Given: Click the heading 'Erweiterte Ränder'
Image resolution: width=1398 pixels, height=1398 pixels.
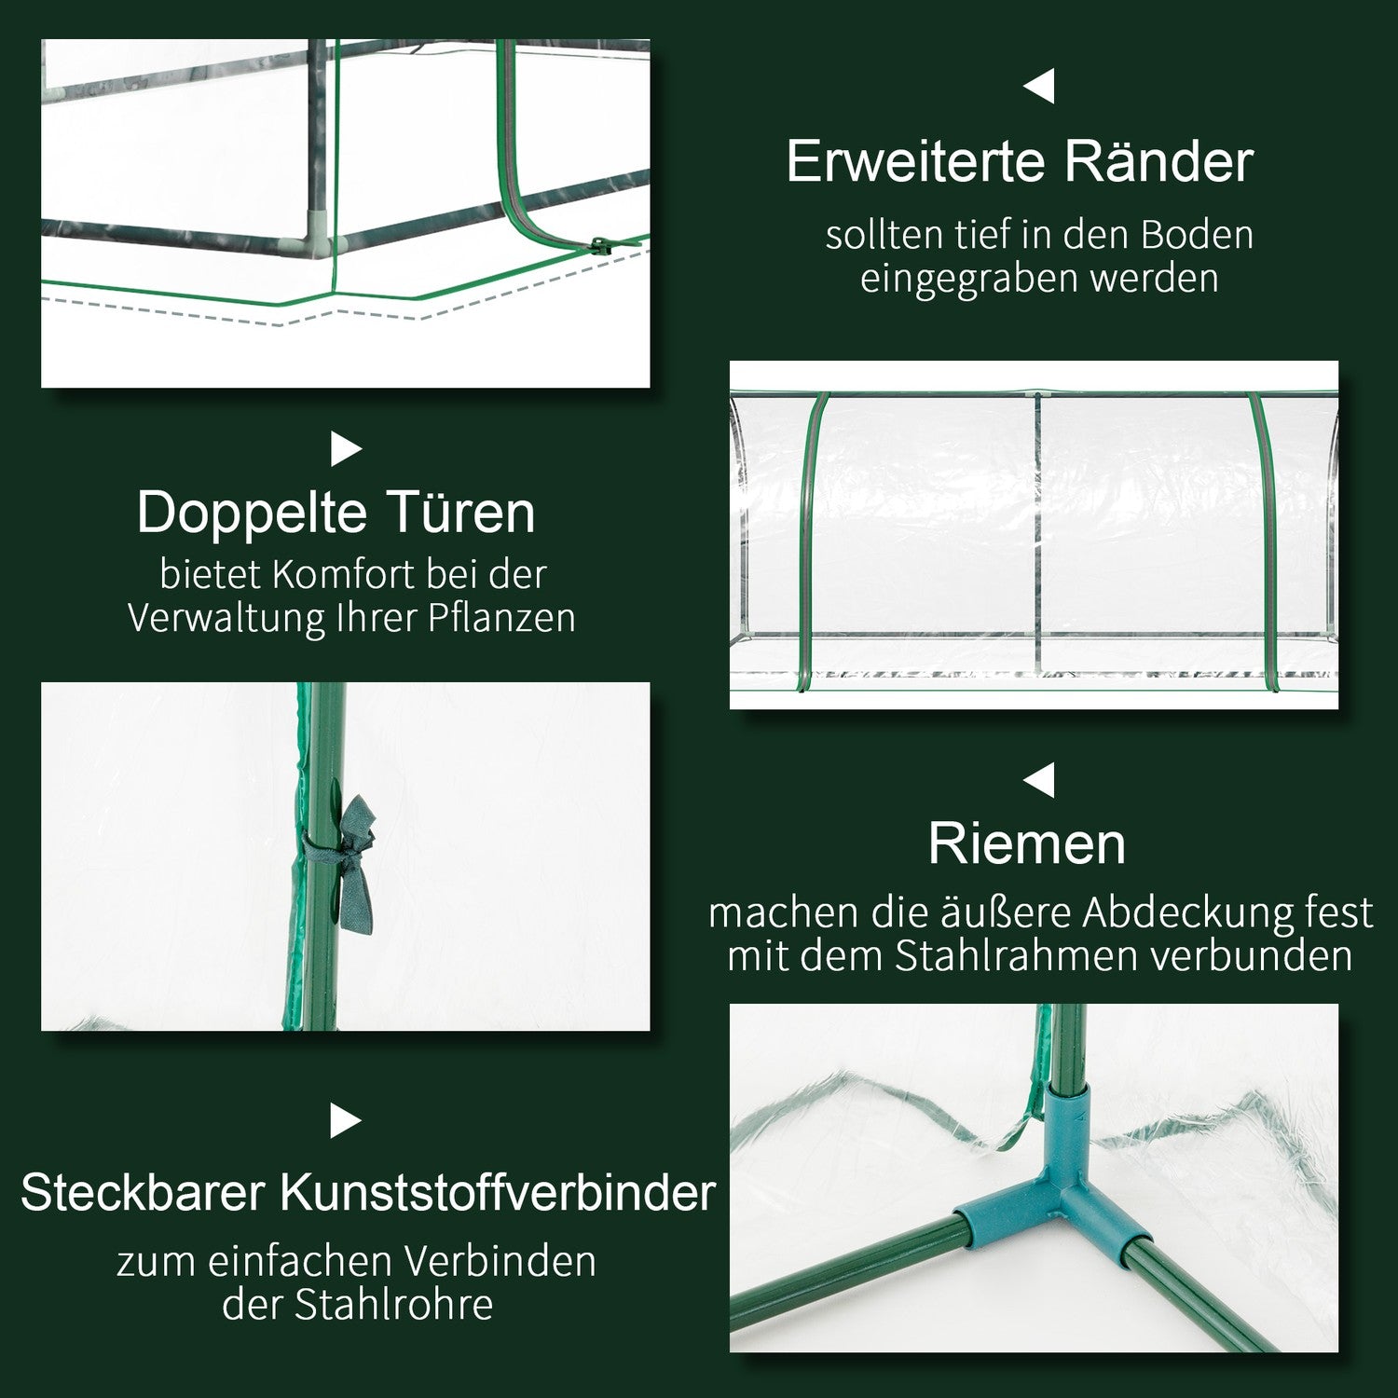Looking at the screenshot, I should pos(1020,162).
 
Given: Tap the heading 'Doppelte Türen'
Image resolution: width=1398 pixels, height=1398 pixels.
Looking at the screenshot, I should pos(336,513).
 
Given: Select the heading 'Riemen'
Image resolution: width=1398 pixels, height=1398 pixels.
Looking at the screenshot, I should pos(1027,844).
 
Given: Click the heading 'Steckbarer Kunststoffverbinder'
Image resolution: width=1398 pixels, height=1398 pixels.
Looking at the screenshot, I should pos(368,1192).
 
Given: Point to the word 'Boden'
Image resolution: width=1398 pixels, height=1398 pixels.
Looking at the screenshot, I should pos(1198,235).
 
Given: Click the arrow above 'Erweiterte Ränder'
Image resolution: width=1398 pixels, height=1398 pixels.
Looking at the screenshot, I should pos(1039,87).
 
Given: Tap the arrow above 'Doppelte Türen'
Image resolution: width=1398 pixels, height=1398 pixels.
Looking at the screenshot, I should pos(346,450).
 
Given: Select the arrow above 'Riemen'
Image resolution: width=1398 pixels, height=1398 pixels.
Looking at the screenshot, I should pos(1039,781).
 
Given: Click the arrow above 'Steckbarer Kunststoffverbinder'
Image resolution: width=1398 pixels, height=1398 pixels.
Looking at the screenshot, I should pos(346,1121).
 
